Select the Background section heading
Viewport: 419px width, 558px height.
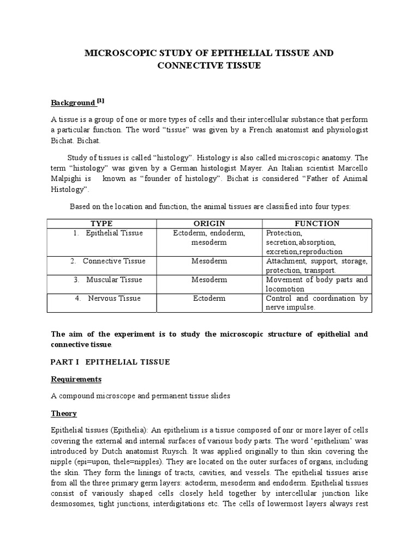[73, 102]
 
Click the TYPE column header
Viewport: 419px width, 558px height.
[101, 223]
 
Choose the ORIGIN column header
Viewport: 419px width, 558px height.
[209, 223]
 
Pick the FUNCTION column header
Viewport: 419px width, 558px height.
[317, 223]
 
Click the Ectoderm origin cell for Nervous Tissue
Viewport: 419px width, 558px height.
[209, 298]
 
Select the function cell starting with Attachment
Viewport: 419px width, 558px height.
[316, 265]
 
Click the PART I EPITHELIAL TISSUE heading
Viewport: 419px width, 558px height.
[110, 362]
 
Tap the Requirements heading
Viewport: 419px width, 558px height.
[76, 379]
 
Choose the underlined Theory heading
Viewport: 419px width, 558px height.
[64, 413]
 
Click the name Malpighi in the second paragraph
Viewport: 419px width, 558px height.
[67, 179]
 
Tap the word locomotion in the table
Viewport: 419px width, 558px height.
[285, 289]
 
